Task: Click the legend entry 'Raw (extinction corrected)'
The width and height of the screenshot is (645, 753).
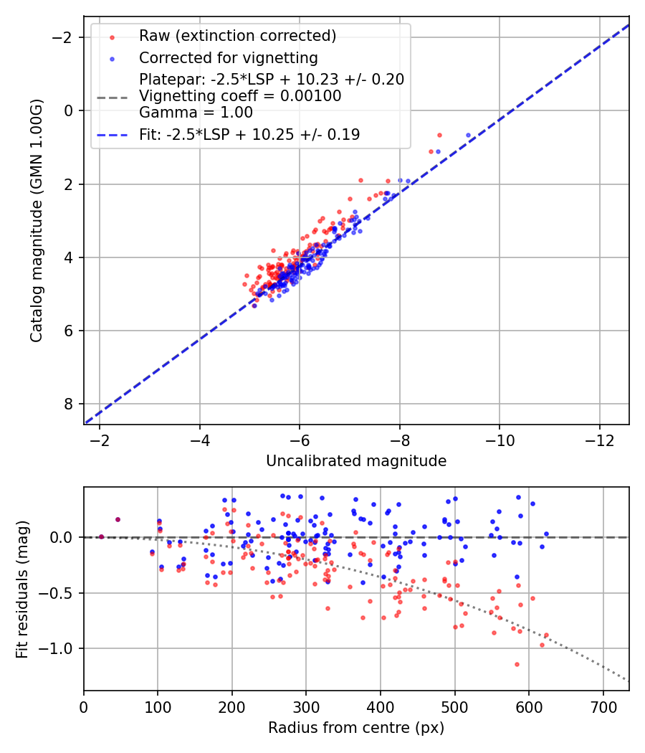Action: [237, 36]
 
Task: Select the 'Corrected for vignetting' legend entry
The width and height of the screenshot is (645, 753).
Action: [228, 57]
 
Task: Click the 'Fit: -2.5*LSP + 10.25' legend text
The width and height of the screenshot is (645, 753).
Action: [249, 134]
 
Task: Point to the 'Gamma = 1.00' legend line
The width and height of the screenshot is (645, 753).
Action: [196, 112]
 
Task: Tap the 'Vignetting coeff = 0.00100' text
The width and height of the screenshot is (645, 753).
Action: [240, 95]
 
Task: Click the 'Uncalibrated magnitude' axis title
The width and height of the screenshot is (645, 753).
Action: [356, 461]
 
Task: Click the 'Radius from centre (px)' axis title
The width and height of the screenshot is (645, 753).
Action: [356, 728]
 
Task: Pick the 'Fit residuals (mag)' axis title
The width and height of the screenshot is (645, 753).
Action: [22, 589]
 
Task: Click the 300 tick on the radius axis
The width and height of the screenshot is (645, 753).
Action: [306, 706]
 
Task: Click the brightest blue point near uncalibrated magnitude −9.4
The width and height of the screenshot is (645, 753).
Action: [468, 135]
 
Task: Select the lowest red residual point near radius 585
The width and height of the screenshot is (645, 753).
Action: [516, 664]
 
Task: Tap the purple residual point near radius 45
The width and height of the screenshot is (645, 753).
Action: [118, 519]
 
